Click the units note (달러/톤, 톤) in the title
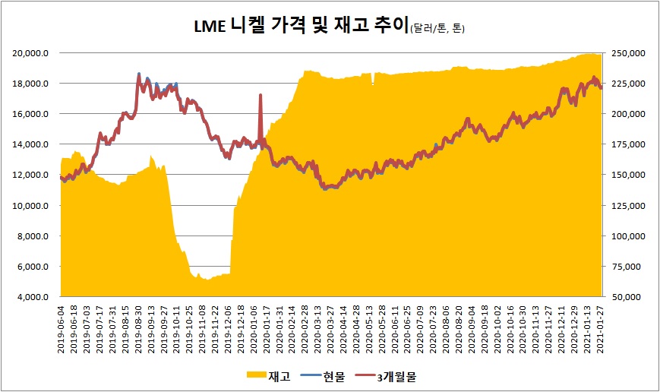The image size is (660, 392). [x=437, y=29]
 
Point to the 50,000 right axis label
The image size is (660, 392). [x=628, y=297]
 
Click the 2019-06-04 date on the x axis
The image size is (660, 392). [x=62, y=327]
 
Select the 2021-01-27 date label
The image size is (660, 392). [x=601, y=327]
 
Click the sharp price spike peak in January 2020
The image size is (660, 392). [x=261, y=95]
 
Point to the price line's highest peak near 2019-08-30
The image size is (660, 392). [x=139, y=74]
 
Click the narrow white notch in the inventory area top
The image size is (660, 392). [x=372, y=79]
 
